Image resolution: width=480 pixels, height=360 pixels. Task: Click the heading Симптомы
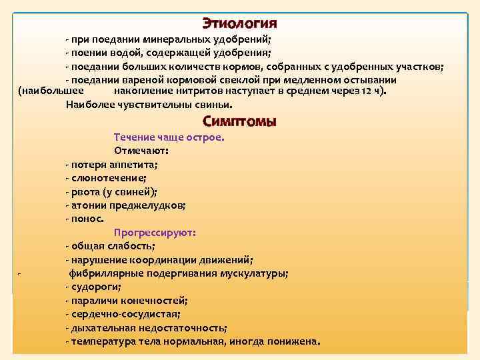click(x=239, y=122)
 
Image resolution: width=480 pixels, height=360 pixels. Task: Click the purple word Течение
click(x=133, y=137)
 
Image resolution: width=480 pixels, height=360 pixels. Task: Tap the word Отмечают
click(x=136, y=151)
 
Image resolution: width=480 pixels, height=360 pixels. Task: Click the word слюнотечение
click(x=108, y=178)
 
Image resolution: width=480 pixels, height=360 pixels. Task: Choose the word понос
click(x=86, y=219)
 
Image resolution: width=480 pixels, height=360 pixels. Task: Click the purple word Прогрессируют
click(x=154, y=233)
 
